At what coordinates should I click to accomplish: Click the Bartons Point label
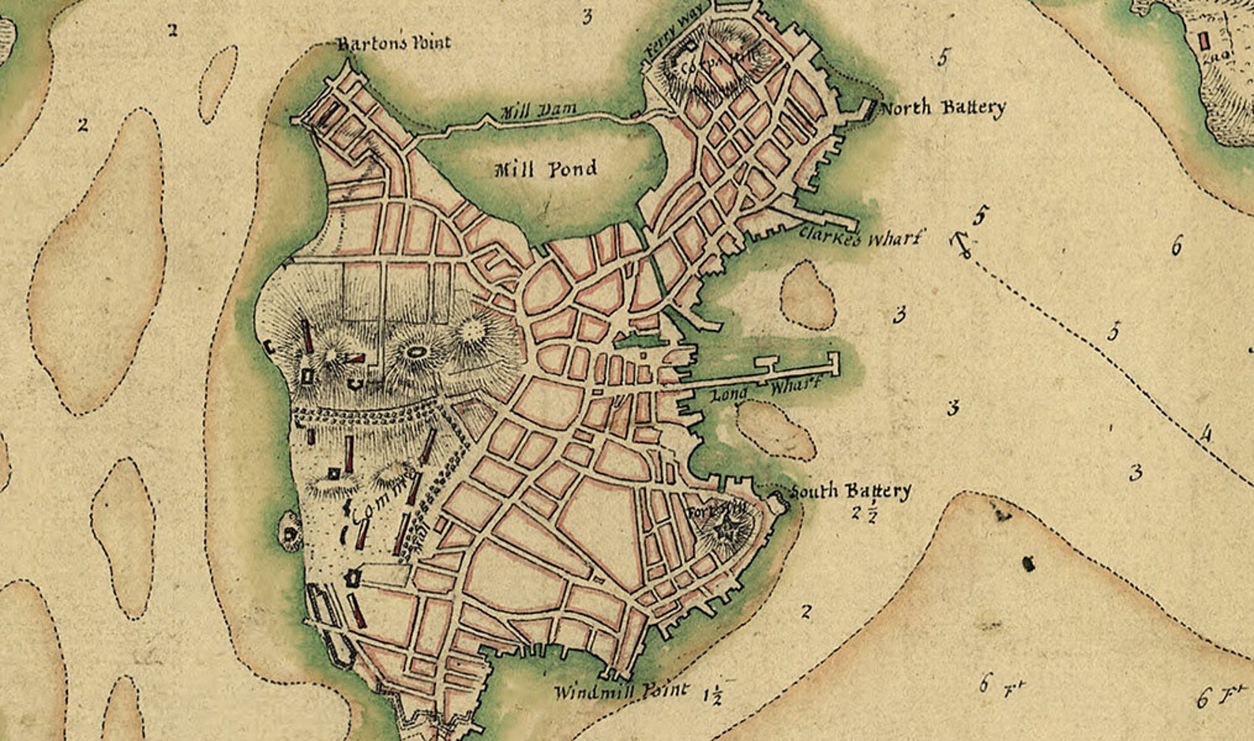[x=394, y=43]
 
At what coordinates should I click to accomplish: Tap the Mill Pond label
[x=545, y=169]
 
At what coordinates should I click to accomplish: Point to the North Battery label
[x=942, y=107]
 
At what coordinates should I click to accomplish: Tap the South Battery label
[x=850, y=491]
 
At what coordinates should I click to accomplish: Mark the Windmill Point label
[x=621, y=692]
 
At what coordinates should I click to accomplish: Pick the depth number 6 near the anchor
[x=1176, y=246]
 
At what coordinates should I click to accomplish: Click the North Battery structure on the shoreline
[x=867, y=110]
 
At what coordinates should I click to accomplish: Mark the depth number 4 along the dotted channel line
[x=1206, y=434]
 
